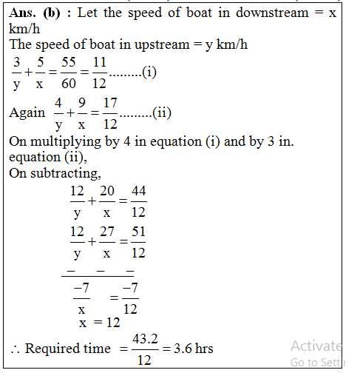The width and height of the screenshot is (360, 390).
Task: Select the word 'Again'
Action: pyautogui.click(x=27, y=114)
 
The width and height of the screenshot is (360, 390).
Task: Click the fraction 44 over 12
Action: pyautogui.click(x=137, y=201)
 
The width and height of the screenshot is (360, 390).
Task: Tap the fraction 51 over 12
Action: pyautogui.click(x=137, y=243)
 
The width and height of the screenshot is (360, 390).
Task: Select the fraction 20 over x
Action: pyautogui.click(x=106, y=201)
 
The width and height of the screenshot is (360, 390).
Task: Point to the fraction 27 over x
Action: pyautogui.click(x=106, y=243)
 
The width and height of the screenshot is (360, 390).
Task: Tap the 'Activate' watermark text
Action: pyautogui.click(x=316, y=346)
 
